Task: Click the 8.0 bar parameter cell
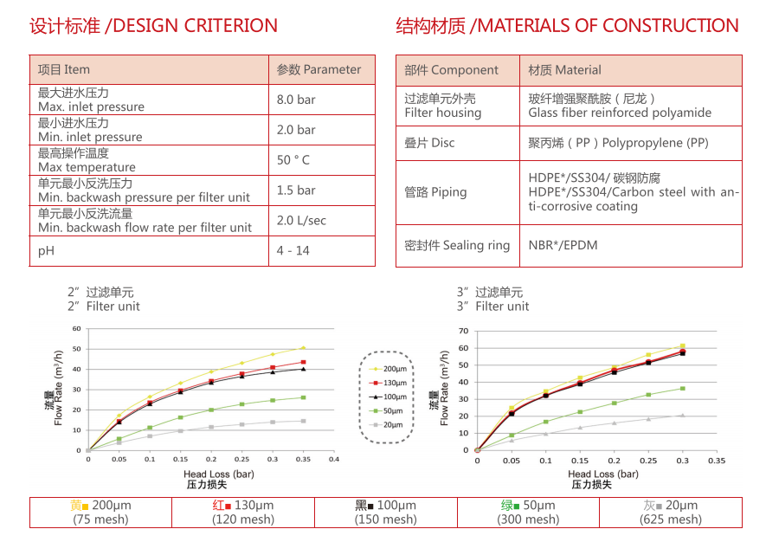point(296,100)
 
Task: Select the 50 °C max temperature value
point(293,160)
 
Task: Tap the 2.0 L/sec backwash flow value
point(301,221)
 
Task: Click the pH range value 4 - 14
point(293,251)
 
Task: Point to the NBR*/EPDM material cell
point(563,245)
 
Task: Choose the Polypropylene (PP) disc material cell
point(618,143)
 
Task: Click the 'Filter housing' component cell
point(442,106)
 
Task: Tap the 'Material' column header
point(564,70)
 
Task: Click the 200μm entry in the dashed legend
point(392,369)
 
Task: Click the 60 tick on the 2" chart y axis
point(76,329)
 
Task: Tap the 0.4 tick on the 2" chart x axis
point(333,459)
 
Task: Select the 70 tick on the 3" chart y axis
point(464,332)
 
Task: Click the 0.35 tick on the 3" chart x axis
point(716,461)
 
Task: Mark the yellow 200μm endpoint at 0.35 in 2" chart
point(303,348)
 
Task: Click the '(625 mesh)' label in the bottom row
point(671,519)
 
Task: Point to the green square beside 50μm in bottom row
point(517,507)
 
